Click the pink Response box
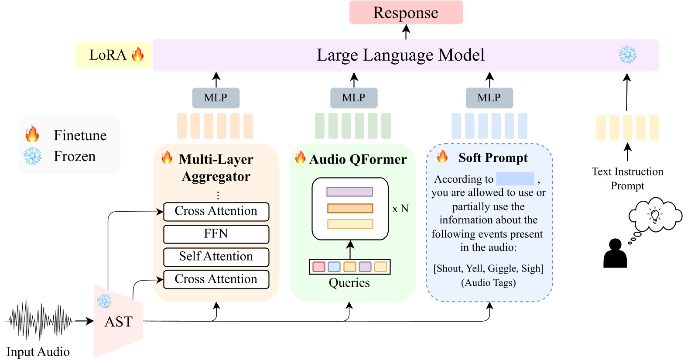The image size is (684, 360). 406,13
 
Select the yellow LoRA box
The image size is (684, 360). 113,55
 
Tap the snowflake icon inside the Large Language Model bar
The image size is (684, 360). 627,55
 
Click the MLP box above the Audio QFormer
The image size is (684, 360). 354,98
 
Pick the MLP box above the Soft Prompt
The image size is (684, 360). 489,98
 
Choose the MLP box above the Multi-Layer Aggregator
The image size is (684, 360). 215,98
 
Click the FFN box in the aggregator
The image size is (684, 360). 216,234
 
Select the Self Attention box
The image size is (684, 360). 216,257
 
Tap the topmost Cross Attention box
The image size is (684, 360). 216,211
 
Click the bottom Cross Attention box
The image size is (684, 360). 216,279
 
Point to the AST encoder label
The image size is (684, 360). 118,322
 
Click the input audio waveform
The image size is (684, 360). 39,321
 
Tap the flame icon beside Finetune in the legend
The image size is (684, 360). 32,134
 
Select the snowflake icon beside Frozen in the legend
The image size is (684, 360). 32,156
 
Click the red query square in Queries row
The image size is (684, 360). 319,267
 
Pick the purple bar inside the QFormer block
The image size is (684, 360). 349,192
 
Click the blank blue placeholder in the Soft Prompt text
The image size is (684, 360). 515,179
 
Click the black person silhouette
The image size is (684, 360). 615,254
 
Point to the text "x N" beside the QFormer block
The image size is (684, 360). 400,209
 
